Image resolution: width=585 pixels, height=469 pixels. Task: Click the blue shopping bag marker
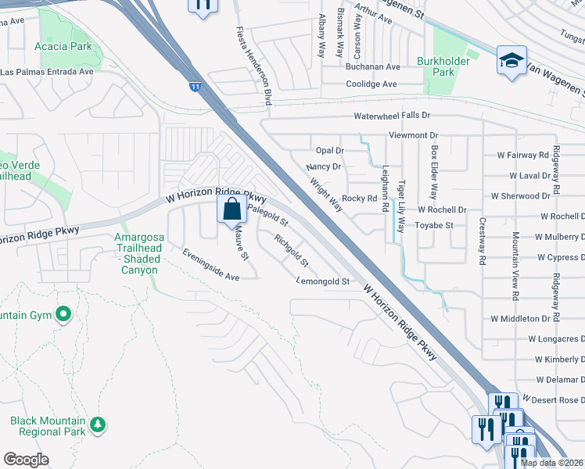point(232,210)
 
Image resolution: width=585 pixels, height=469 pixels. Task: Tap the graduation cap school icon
point(511,61)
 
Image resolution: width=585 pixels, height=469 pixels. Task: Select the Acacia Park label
point(63,46)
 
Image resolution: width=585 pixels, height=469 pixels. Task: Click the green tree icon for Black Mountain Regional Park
point(97,424)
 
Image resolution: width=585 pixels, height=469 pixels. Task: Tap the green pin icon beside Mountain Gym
point(63,316)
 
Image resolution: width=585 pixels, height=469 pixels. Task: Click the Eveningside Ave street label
point(210,265)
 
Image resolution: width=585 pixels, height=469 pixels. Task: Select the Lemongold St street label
point(322,281)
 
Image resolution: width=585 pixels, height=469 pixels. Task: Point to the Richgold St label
point(292,249)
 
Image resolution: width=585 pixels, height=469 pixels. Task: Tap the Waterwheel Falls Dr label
point(392,116)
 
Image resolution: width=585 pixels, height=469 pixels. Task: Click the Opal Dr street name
point(329,150)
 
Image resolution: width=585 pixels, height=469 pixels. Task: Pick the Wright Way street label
point(326,195)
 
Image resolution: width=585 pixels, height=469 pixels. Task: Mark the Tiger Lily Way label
point(401,209)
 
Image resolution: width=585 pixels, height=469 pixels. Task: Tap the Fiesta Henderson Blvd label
point(254,66)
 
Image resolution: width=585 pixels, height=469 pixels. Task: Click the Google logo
point(26,460)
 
